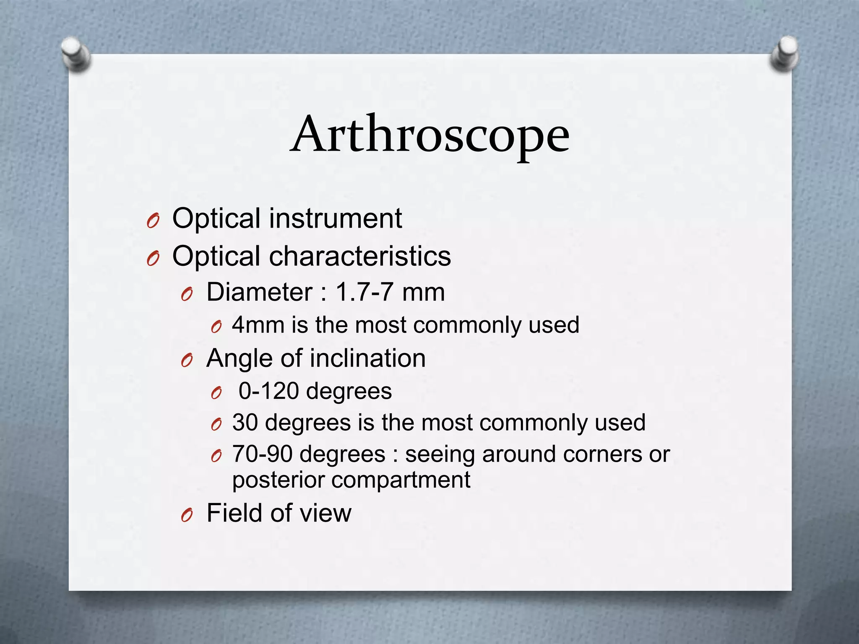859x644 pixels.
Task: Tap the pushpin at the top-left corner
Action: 75,54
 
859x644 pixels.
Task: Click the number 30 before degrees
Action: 245,422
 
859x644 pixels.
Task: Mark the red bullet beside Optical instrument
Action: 153,221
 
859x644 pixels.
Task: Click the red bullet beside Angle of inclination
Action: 187,361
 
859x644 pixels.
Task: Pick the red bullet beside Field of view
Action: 187,515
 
